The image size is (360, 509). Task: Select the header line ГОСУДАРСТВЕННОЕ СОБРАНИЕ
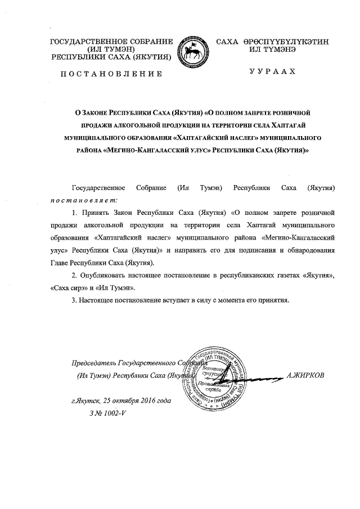(x=111, y=42)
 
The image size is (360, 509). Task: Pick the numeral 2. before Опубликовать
(x=76, y=275)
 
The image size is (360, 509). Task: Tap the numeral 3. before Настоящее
(x=76, y=300)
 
